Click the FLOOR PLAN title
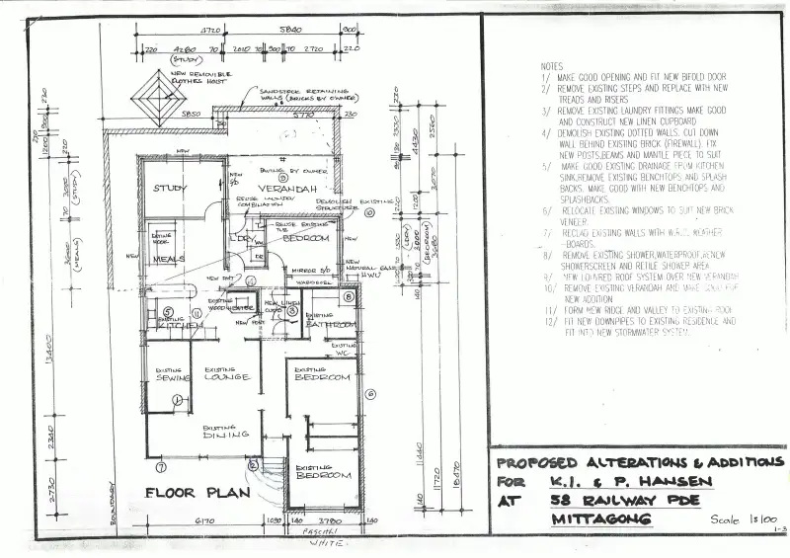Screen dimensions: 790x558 (185, 491)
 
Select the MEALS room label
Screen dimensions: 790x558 (169, 259)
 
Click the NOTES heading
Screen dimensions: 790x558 (553, 66)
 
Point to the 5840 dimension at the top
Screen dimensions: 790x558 (291, 31)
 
